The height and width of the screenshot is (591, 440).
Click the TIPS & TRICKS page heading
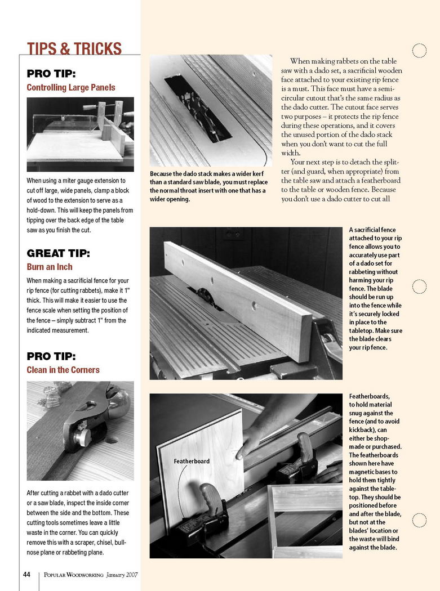74,49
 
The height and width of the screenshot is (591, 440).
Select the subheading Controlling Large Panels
71,87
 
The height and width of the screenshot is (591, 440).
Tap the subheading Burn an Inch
50,267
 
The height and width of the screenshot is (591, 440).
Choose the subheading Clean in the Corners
63,370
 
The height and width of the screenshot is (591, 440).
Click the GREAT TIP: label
59,253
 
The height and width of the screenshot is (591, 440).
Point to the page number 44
26,575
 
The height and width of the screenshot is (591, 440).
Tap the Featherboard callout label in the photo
192,461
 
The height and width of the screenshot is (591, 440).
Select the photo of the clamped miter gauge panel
80,134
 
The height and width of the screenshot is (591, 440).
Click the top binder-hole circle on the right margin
419,51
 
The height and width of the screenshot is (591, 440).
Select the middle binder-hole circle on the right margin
419,286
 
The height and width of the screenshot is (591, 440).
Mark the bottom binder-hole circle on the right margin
419,520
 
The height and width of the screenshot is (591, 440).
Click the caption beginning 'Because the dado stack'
208,186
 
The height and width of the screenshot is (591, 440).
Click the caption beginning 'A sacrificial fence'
375,288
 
